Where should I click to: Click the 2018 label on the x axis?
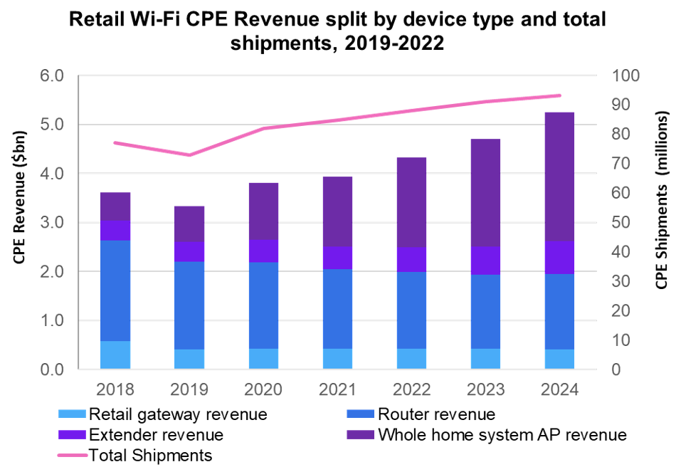click(x=115, y=389)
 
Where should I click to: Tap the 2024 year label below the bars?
click(x=559, y=389)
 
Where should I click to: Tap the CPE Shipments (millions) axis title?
click(x=661, y=200)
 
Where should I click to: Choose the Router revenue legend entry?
click(x=436, y=414)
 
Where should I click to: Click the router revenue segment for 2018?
click(x=115, y=290)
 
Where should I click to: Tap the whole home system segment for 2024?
click(x=559, y=176)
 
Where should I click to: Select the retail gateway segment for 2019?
click(x=189, y=359)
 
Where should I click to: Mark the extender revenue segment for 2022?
click(x=411, y=259)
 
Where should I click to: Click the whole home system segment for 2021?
click(x=337, y=211)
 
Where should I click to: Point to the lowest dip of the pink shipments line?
click(x=189, y=154)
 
